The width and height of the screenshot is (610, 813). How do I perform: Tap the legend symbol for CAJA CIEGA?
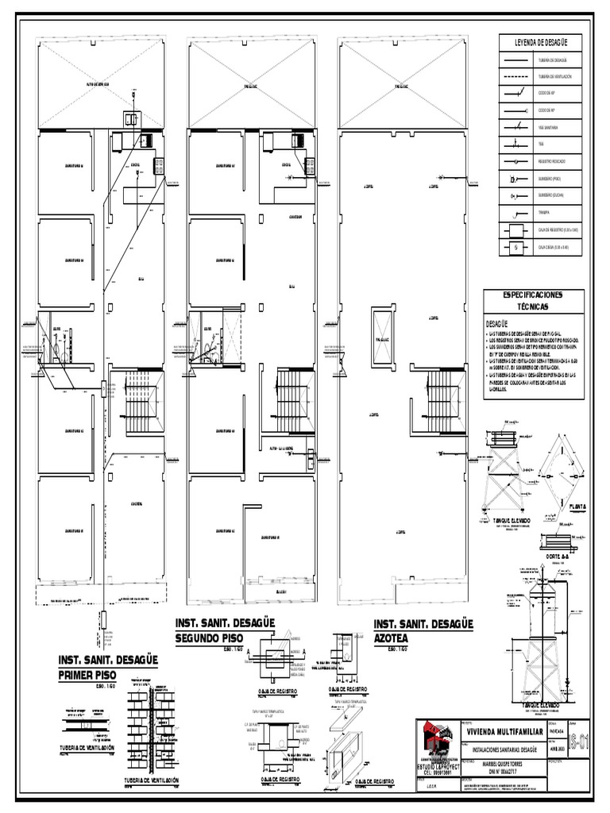517,248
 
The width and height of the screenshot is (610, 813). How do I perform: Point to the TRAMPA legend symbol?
517,213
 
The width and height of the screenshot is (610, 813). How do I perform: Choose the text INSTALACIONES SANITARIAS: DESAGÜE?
505,748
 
